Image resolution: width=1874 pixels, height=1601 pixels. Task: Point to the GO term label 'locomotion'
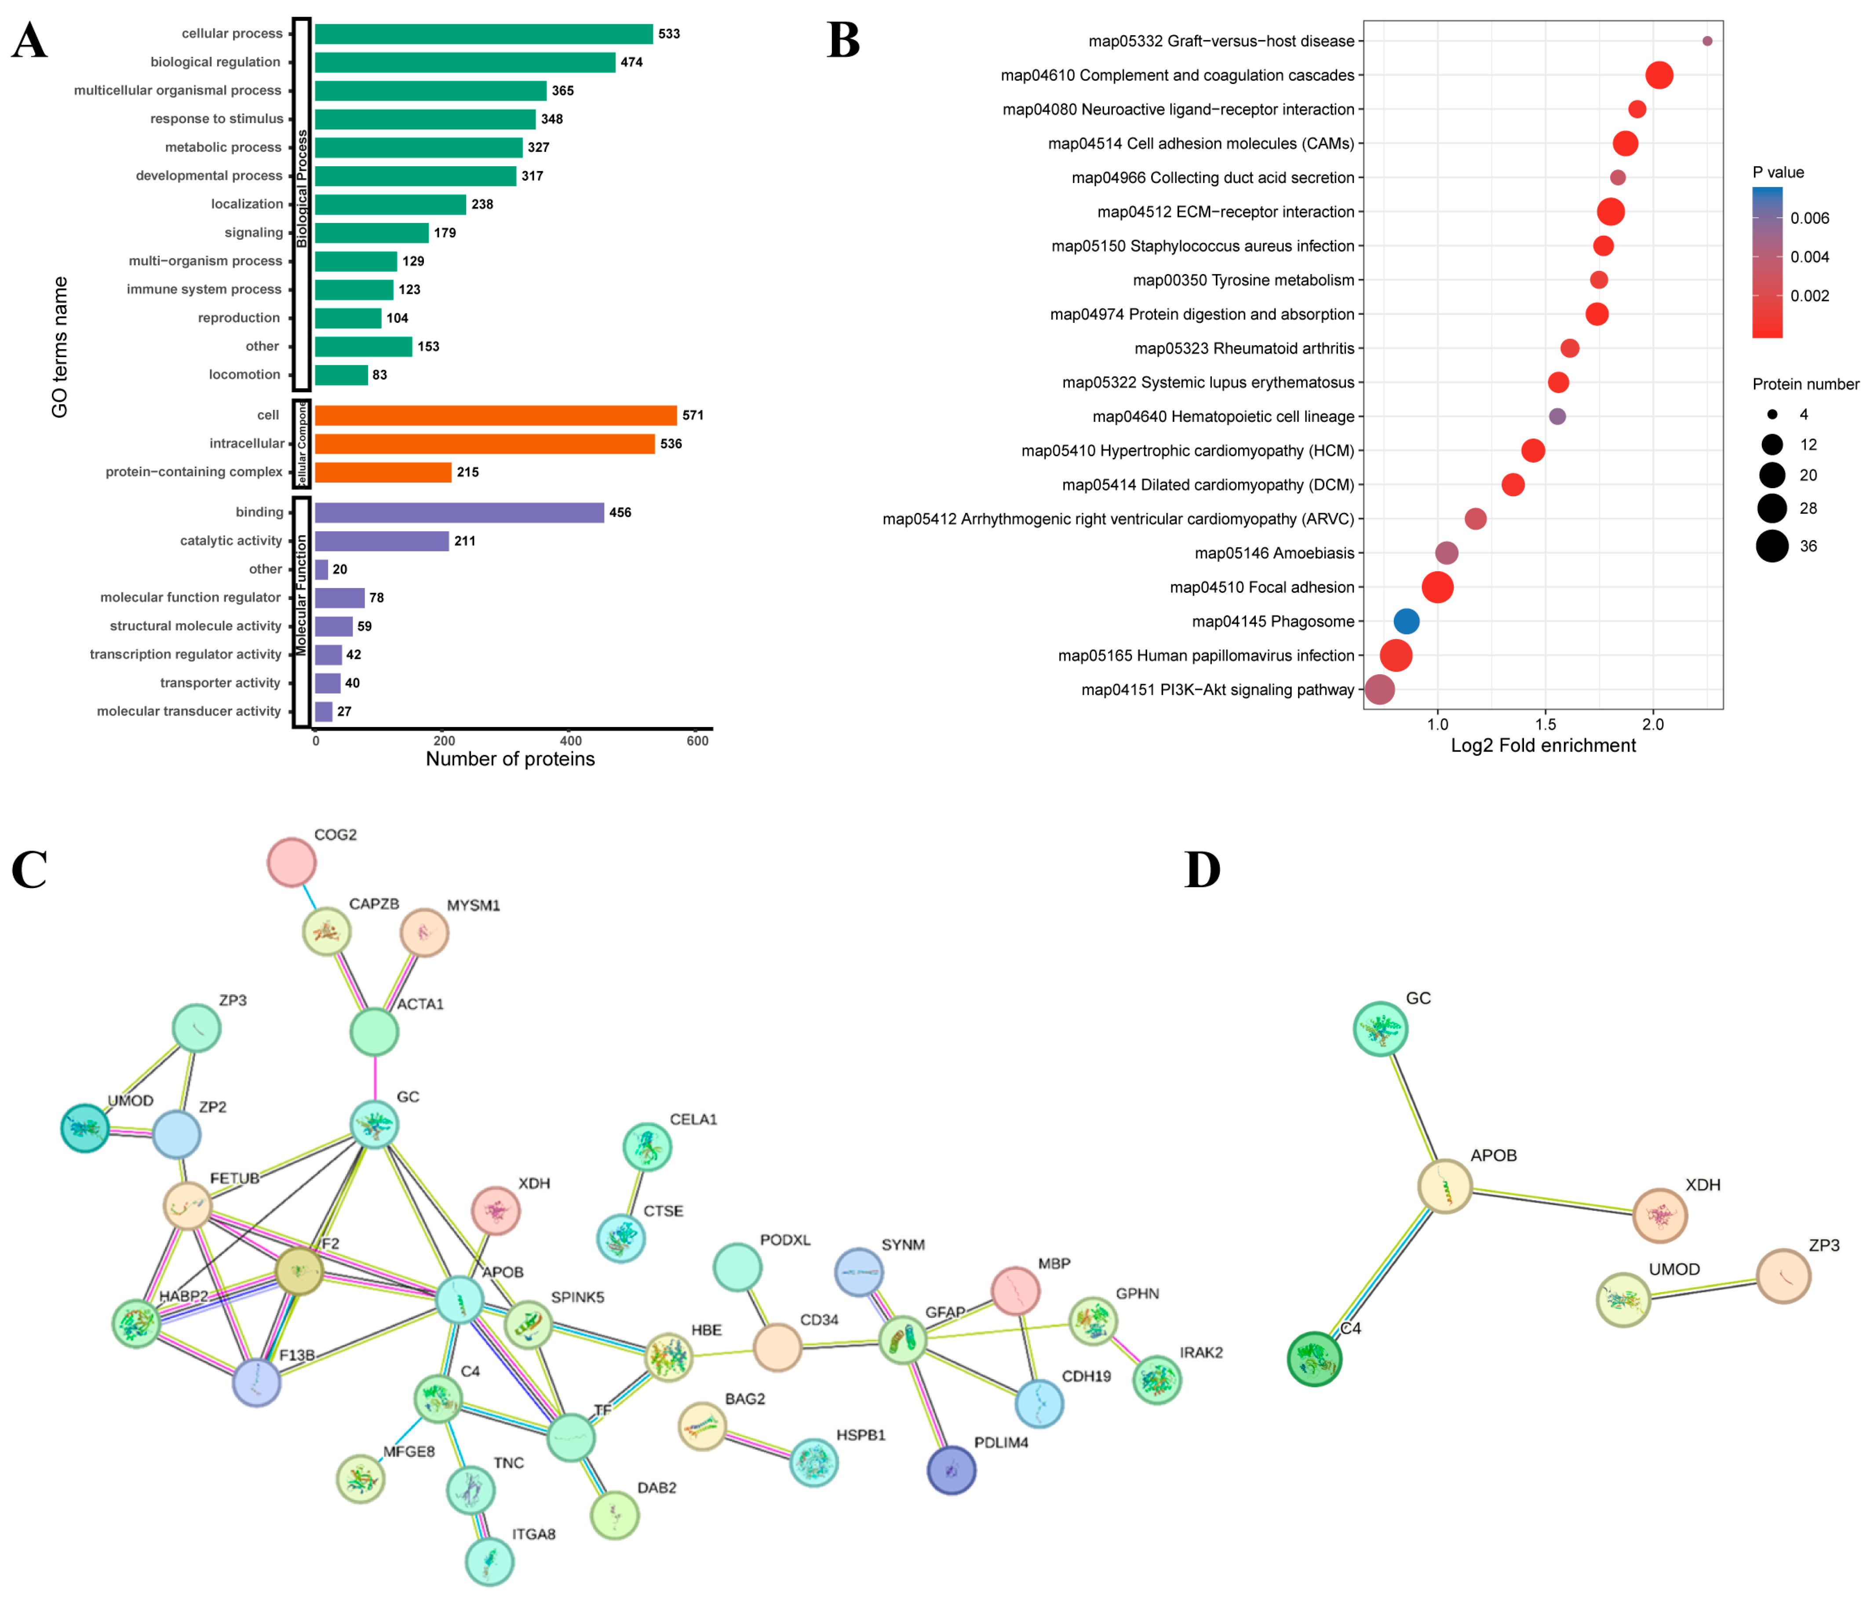[x=244, y=374]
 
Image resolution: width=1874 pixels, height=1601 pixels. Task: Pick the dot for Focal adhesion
[x=1437, y=587]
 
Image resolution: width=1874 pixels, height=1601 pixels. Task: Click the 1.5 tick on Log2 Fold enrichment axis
[x=1546, y=724]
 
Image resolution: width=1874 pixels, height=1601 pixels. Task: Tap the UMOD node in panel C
[x=85, y=1128]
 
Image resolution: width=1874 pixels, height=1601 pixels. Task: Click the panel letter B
[x=843, y=41]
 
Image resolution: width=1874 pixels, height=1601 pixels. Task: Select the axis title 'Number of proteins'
[x=510, y=759]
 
